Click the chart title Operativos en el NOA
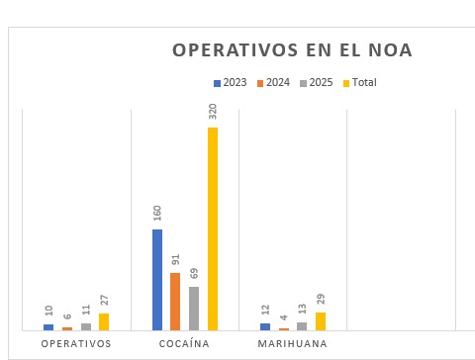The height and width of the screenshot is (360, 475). coord(292,50)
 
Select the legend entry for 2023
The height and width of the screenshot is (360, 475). coord(230,82)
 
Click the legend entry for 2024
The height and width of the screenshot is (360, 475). coord(273,82)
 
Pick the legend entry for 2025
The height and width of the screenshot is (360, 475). coord(316,82)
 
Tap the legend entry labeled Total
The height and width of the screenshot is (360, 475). coord(359,82)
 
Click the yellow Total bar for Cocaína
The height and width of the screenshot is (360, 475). coord(212,228)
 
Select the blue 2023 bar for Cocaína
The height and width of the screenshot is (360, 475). coord(157,280)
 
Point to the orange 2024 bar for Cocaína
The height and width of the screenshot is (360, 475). coord(175,302)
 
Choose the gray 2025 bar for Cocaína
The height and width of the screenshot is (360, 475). coord(194,309)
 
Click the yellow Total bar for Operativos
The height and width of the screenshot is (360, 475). coord(104,321)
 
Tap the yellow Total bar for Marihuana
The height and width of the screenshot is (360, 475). coord(321,321)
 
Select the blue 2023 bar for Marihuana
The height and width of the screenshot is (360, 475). coord(265,326)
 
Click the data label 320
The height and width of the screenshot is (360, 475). coord(213,111)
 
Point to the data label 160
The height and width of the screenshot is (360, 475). coord(157,214)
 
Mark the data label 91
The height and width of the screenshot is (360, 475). coord(175,260)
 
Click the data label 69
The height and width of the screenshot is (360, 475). coord(194,274)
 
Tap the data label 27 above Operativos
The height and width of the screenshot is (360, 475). coord(104,301)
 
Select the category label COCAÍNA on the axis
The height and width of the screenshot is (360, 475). coord(185,344)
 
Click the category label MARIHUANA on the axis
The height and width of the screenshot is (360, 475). coord(292,344)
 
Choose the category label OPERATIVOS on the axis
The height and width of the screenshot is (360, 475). coord(76,344)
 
